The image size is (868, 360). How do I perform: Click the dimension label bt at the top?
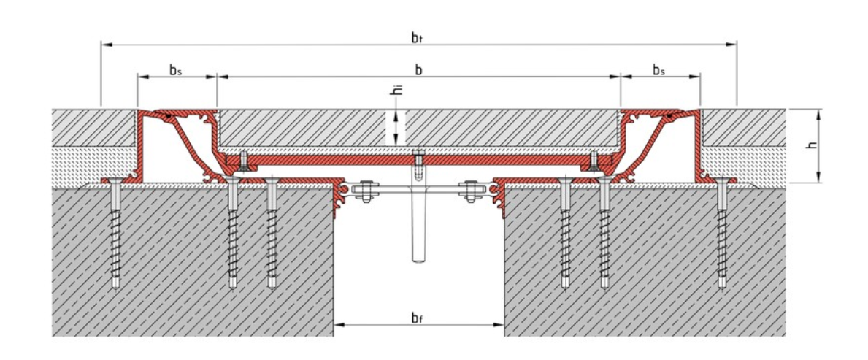pyautogui.click(x=418, y=37)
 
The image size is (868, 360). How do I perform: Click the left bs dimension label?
pyautogui.click(x=175, y=70)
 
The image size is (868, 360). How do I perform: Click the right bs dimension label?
pyautogui.click(x=658, y=70)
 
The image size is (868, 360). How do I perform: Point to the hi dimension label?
pyautogui.click(x=395, y=91)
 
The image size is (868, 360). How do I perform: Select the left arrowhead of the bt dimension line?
pyautogui.click(x=105, y=45)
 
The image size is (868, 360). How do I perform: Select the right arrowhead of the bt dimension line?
pyautogui.click(x=732, y=45)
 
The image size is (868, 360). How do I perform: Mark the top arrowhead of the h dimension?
pyautogui.click(x=820, y=113)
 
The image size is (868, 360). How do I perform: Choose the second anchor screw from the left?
pyautogui.click(x=233, y=234)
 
